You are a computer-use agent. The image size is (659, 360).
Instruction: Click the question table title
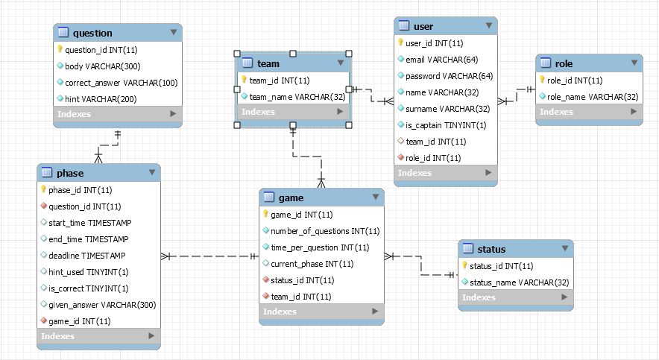point(92,33)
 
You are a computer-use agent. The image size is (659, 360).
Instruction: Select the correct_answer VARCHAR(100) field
point(121,83)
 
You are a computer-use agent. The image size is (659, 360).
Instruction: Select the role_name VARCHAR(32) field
point(593,97)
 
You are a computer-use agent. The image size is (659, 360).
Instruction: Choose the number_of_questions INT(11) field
point(324,231)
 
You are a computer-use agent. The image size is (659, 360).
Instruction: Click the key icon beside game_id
point(265,215)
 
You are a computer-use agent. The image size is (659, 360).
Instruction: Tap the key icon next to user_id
point(400,43)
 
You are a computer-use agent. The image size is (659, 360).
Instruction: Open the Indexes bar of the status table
point(515,298)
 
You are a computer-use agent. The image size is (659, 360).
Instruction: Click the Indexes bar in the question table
point(118,114)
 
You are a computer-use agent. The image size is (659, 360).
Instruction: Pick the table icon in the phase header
point(46,173)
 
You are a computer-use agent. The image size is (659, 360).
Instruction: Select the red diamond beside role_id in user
point(400,158)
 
